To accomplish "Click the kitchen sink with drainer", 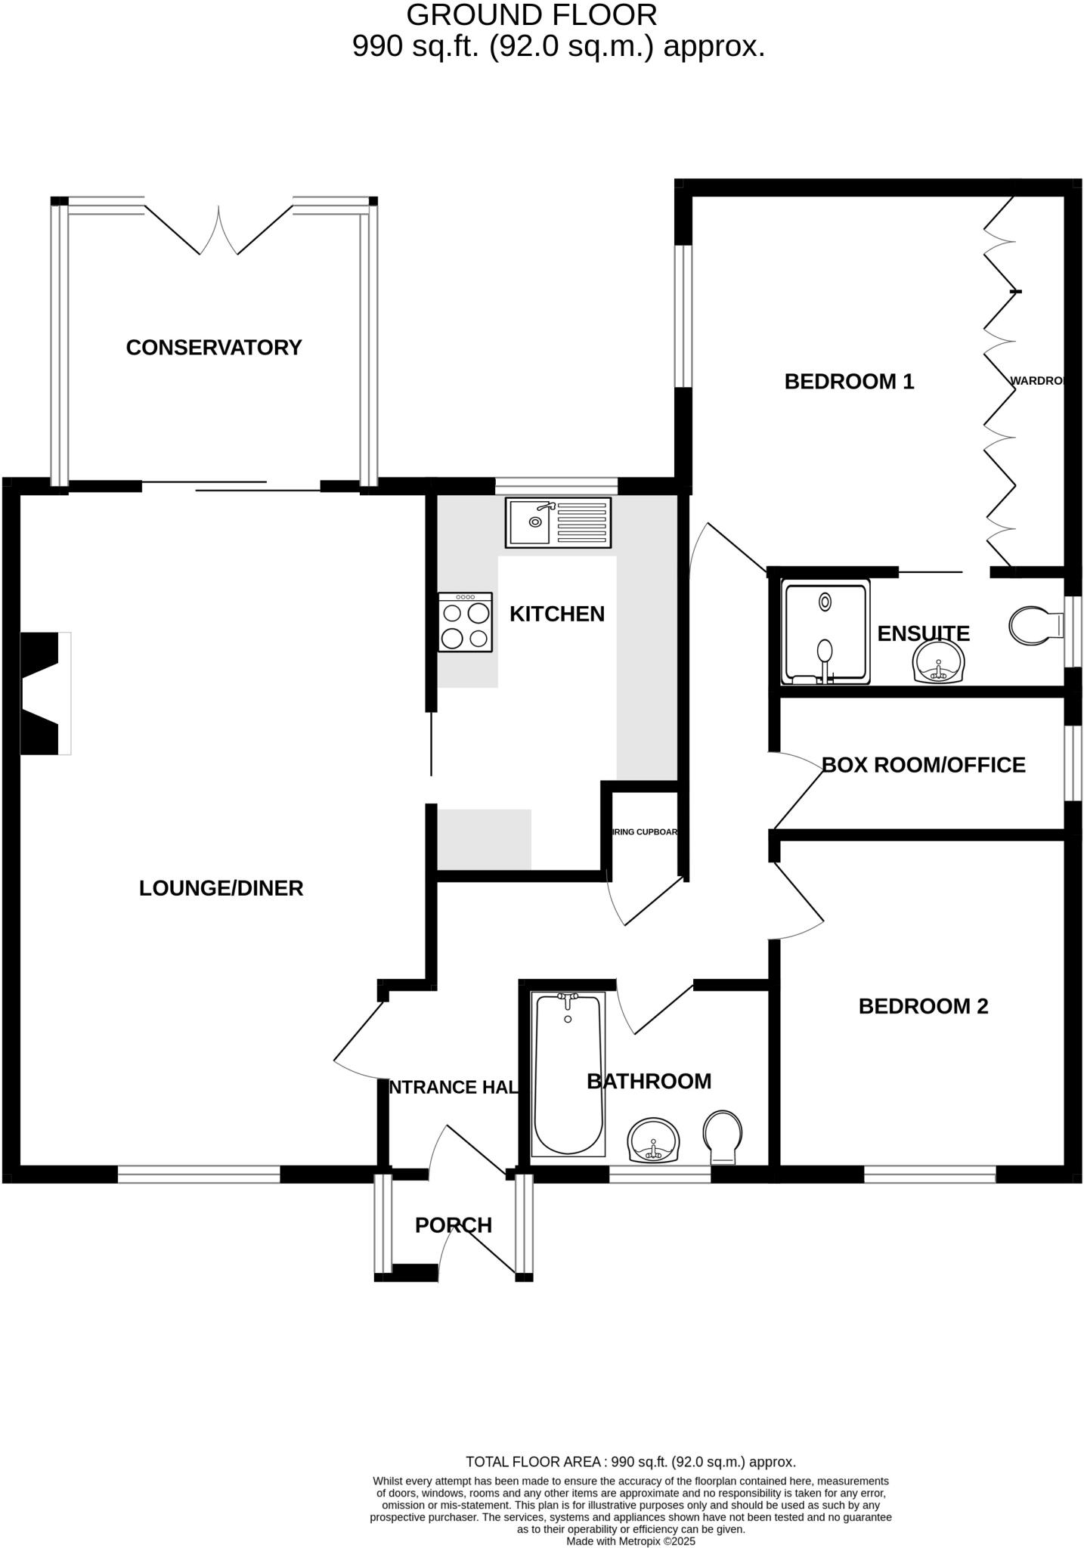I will click(559, 522).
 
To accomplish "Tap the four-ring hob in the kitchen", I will click(465, 622).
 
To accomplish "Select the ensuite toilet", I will click(1036, 625).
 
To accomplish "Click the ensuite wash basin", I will click(939, 663).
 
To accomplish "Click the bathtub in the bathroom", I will click(568, 1074).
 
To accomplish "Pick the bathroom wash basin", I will click(654, 1141).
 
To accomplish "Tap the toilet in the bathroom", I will click(722, 1136).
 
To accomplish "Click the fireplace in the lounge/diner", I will click(44, 693).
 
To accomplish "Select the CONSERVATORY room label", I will click(214, 348).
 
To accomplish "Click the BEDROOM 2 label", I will click(923, 1006).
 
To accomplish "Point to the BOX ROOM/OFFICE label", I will click(923, 765).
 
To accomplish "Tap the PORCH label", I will click(454, 1225).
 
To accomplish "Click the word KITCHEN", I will click(557, 614).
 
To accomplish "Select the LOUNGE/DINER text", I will click(221, 888).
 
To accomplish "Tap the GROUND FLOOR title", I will click(531, 15).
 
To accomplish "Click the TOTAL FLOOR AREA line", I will click(630, 1462).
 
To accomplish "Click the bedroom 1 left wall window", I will click(683, 316).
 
